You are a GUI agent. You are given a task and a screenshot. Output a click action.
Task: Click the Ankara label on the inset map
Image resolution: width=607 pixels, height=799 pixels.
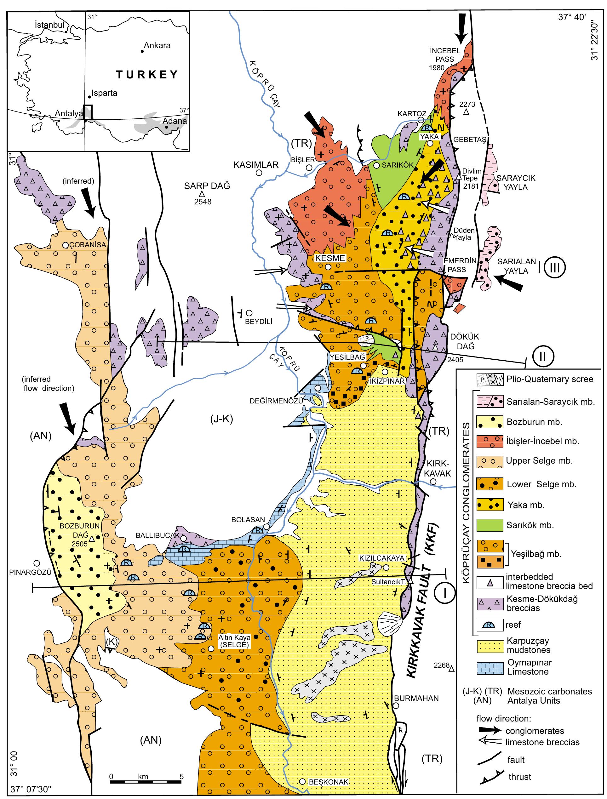pos(157,46)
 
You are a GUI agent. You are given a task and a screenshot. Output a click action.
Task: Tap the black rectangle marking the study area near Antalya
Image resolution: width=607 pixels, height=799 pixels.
pos(88,112)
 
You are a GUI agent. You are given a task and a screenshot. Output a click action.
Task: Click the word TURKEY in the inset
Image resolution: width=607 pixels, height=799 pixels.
pos(147,74)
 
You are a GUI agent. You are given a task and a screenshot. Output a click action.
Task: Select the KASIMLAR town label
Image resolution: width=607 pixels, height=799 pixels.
pos(256,165)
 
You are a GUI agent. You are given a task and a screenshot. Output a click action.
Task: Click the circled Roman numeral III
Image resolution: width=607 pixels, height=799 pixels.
pos(555,268)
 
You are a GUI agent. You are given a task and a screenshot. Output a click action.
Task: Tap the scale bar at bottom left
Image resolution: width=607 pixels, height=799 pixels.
pos(146,782)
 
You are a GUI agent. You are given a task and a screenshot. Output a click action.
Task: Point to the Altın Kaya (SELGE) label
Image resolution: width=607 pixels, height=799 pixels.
pos(234,641)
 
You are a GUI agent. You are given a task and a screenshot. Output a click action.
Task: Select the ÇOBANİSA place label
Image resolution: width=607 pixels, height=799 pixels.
pos(88,244)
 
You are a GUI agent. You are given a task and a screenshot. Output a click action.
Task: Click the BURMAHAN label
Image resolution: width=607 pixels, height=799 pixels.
pos(416,698)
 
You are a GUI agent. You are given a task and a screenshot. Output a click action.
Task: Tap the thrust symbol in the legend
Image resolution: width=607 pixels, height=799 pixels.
pos(491,776)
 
